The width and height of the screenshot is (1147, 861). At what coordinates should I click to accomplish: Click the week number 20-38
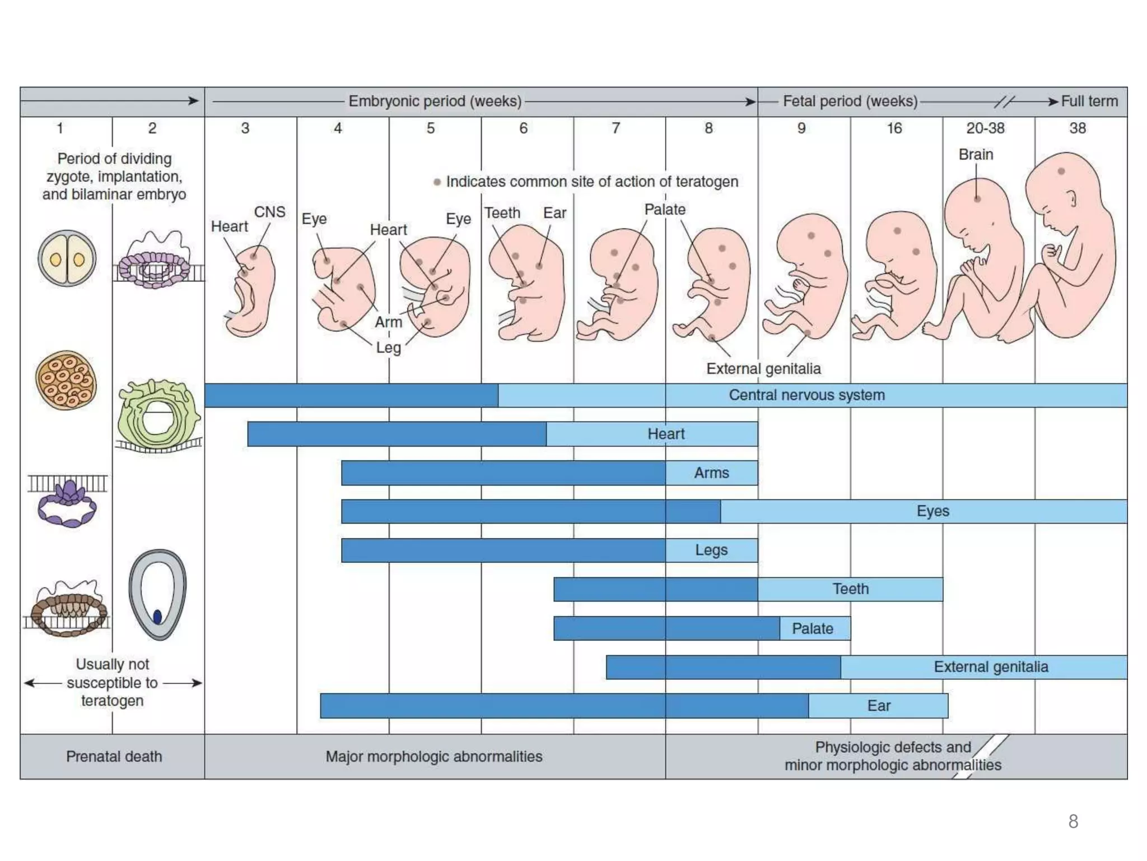[985, 128]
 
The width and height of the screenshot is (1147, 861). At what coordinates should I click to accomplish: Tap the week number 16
[894, 128]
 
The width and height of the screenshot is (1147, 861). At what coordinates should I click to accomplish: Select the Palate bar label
[812, 628]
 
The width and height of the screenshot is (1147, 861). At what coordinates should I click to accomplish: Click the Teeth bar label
[850, 589]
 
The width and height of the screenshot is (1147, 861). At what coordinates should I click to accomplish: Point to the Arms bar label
[711, 473]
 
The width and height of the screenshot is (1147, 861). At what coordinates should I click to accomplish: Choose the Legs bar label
[711, 550]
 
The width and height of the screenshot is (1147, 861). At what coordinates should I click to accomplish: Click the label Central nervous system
[806, 395]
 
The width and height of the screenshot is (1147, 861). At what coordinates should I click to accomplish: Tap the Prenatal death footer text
[114, 757]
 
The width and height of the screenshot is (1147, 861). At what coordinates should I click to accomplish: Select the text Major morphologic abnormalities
[434, 757]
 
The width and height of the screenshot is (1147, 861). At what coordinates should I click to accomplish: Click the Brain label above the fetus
[976, 154]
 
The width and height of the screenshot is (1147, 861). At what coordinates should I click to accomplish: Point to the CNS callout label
[269, 212]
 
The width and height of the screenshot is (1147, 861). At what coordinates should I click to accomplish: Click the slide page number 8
[1073, 821]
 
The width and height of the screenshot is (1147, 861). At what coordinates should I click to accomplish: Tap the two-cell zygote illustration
[67, 258]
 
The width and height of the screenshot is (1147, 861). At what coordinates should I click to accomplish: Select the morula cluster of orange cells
[66, 381]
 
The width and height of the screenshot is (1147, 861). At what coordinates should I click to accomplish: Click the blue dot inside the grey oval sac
[157, 617]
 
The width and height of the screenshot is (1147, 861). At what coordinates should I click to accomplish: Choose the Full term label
[1089, 101]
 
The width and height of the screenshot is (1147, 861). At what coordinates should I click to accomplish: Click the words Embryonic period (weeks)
[435, 101]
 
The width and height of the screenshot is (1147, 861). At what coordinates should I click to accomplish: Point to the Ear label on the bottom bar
[878, 706]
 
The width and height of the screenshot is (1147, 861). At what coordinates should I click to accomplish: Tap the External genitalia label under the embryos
[763, 369]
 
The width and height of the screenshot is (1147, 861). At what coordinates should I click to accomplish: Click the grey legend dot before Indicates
[437, 182]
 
